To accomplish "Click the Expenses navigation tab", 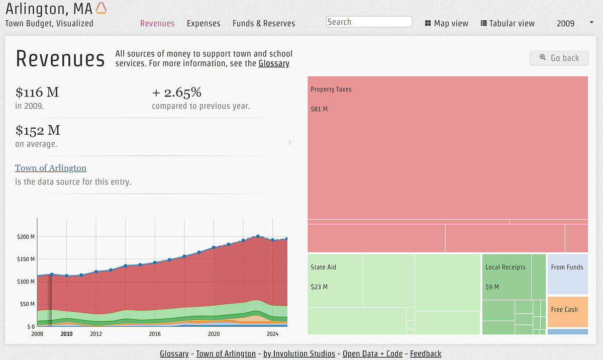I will click(204, 23).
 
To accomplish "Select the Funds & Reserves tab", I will click(264, 23).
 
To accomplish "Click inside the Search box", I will click(369, 22).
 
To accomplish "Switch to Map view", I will click(446, 23).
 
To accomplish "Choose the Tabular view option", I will click(508, 23).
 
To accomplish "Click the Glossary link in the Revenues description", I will click(274, 63).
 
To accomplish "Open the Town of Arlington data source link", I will click(51, 168).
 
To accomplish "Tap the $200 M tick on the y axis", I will click(26, 237).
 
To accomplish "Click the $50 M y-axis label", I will click(26, 304).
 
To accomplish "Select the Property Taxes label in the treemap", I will click(331, 89).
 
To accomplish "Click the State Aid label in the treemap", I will click(323, 267).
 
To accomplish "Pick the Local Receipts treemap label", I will click(505, 267).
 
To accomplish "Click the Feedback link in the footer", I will click(426, 353).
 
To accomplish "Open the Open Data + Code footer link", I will click(372, 353).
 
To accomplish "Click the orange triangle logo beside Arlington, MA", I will click(101, 8).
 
